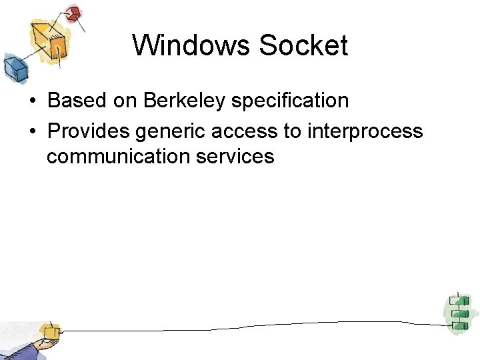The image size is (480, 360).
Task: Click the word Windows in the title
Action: click(191, 45)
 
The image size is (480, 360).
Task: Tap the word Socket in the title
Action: click(303, 45)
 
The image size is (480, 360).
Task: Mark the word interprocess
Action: click(365, 131)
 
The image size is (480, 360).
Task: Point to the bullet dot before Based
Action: click(32, 101)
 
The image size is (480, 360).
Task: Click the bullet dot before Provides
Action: click(32, 132)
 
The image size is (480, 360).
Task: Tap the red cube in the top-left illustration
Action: click(73, 13)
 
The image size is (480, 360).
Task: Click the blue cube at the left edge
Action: click(13, 67)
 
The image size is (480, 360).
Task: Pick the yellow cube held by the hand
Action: click(48, 331)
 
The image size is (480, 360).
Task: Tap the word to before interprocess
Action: click(292, 131)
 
